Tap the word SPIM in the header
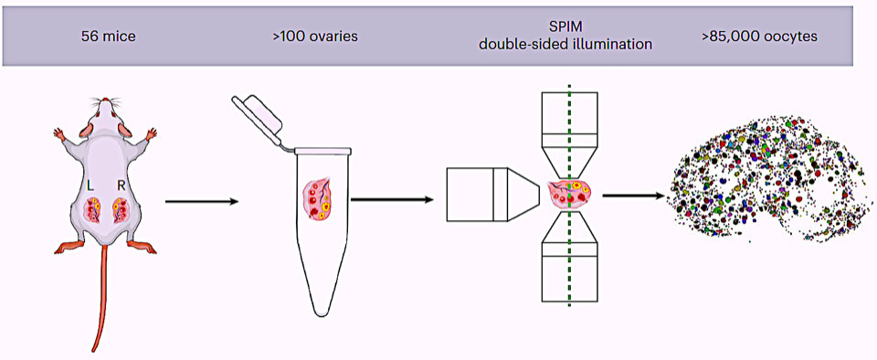pyautogui.click(x=566, y=27)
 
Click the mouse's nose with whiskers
pyautogui.click(x=104, y=101)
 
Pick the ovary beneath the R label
pyautogui.click(x=121, y=210)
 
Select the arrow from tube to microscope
pyautogui.click(x=393, y=198)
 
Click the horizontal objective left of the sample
pyautogui.click(x=492, y=194)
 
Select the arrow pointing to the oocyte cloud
pyautogui.click(x=635, y=196)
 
